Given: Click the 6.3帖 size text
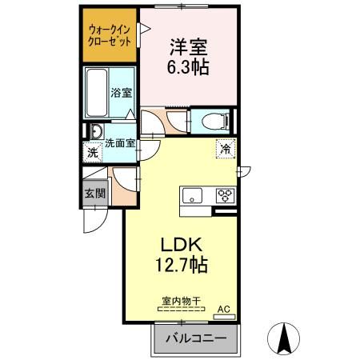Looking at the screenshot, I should [190, 69].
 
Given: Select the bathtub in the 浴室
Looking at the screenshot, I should [98, 93].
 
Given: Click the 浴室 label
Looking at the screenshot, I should [121, 94].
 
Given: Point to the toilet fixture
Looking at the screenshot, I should [214, 121].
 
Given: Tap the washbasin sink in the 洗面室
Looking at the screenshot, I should [97, 132].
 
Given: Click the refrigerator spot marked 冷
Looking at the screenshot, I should [225, 148].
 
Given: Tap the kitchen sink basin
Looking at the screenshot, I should [194, 195].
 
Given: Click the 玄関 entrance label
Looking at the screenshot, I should [92, 193].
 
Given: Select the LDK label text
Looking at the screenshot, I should [187, 243].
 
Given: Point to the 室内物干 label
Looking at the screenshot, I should [181, 302].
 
